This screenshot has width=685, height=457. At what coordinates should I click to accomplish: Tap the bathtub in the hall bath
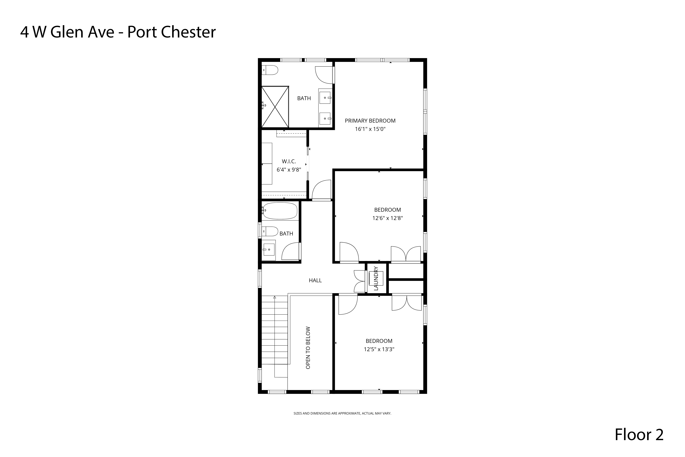(x=280, y=211)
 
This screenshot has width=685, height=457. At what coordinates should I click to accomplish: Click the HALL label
(x=315, y=280)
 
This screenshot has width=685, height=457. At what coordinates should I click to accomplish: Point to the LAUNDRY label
(x=376, y=278)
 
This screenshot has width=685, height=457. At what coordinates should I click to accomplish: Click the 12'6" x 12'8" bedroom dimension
(x=387, y=218)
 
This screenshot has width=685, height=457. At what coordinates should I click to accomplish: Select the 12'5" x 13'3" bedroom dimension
(x=379, y=349)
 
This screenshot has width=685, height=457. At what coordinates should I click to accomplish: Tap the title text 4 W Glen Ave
(x=67, y=32)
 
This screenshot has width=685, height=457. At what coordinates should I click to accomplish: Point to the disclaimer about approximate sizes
(x=342, y=413)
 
